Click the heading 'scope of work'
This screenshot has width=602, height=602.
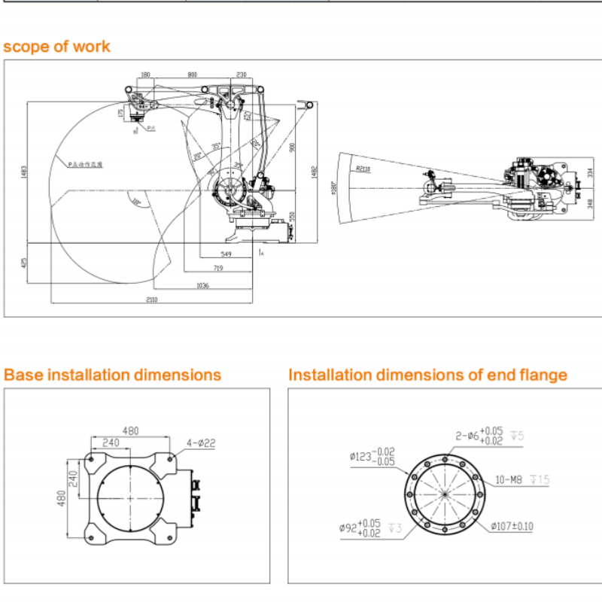pyautogui.click(x=56, y=47)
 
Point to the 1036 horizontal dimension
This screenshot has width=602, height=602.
pyautogui.click(x=202, y=285)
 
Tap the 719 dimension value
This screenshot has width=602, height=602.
pyautogui.click(x=218, y=268)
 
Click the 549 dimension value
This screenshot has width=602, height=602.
pyautogui.click(x=227, y=254)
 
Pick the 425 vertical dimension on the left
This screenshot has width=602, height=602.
pyautogui.click(x=23, y=263)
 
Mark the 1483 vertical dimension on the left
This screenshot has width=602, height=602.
pyautogui.click(x=23, y=172)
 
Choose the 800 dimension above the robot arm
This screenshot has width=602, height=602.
pyautogui.click(x=192, y=74)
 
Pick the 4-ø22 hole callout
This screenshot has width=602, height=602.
pyautogui.click(x=200, y=444)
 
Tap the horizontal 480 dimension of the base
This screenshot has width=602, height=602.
pyautogui.click(x=131, y=431)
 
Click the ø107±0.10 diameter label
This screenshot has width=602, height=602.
pyautogui.click(x=512, y=526)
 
